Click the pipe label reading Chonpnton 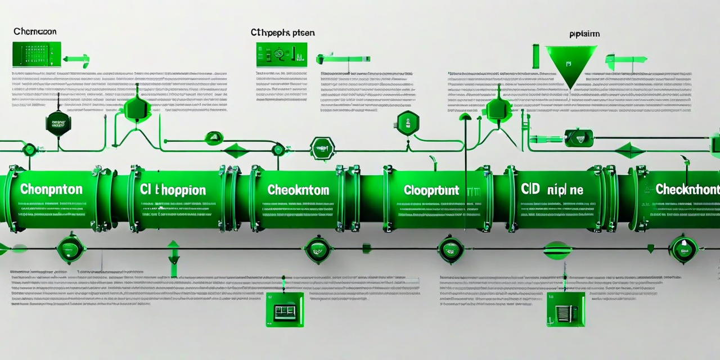[x=51, y=190]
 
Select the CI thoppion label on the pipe [x=173, y=190]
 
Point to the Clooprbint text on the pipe [x=431, y=190]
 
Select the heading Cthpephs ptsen [x=282, y=33]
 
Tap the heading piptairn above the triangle [x=584, y=34]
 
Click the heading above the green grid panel [x=34, y=31]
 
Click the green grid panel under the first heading [x=37, y=55]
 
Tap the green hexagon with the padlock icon [x=407, y=123]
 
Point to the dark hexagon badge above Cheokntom [x=322, y=148]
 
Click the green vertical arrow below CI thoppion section [x=173, y=258]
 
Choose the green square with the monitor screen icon [x=285, y=309]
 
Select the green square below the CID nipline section [x=565, y=309]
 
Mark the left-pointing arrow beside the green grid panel [x=76, y=57]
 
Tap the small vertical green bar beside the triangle [x=535, y=57]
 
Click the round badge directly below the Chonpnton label [x=71, y=248]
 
